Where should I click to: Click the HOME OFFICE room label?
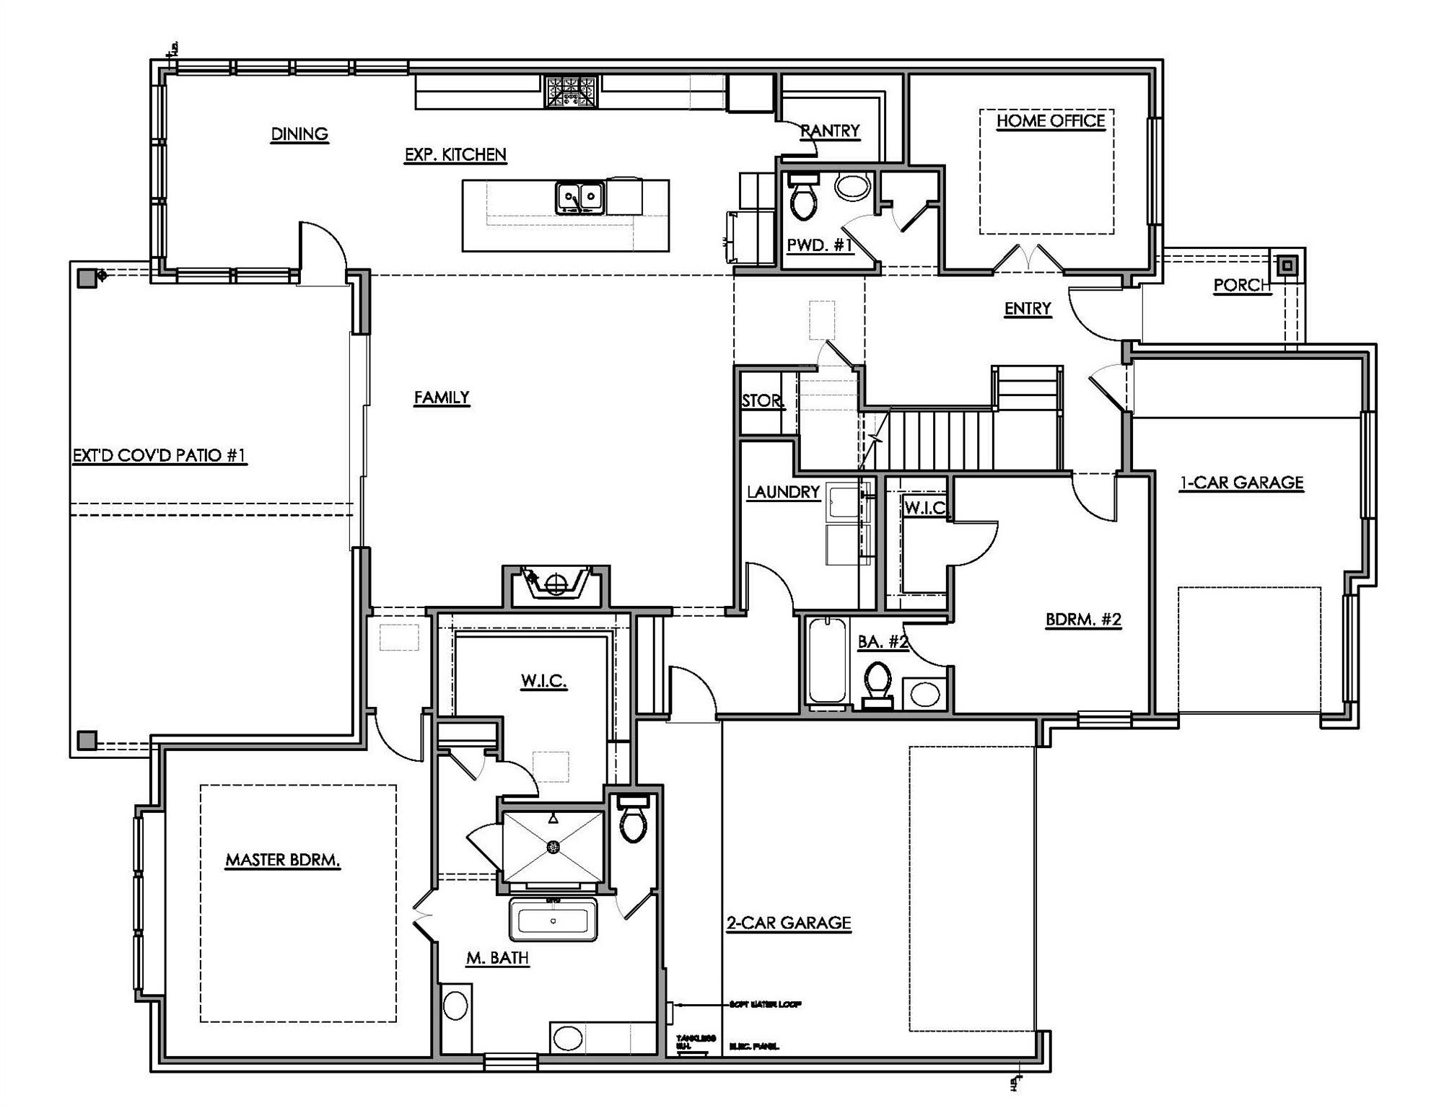tap(1050, 121)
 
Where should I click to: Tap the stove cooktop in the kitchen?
tap(571, 92)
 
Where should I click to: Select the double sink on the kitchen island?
tap(579, 197)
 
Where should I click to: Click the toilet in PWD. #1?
tap(802, 197)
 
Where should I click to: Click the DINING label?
tap(299, 134)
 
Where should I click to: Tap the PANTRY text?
tap(830, 131)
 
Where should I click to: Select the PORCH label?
tap(1241, 286)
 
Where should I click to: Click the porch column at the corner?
tap(1288, 265)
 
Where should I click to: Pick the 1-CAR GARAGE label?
tap(1241, 483)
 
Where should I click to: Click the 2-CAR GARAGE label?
tap(788, 923)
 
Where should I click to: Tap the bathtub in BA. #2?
tap(827, 661)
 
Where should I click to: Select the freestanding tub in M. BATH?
tap(553, 920)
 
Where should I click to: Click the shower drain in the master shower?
tap(553, 846)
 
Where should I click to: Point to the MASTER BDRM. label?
tap(282, 860)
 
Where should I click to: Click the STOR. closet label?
tap(762, 401)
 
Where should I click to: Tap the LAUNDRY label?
tap(783, 492)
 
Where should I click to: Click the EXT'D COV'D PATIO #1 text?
tap(159, 456)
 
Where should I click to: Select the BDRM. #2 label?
tap(1083, 620)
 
